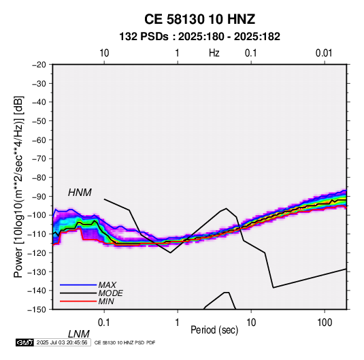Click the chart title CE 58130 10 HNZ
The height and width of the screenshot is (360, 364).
[199, 19]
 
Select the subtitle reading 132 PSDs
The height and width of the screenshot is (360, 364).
[144, 37]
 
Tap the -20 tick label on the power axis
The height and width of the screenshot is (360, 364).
[39, 65]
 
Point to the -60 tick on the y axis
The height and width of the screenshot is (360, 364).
[39, 140]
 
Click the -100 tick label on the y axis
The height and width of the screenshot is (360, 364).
[37, 215]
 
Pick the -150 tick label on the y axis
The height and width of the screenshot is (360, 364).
[37, 310]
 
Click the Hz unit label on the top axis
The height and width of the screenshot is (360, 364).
[214, 53]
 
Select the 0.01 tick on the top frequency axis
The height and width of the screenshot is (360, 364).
[324, 53]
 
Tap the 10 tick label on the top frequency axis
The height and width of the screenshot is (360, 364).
[104, 53]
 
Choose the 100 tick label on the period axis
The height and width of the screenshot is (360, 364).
[325, 323]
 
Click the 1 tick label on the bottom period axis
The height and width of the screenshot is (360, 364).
[178, 323]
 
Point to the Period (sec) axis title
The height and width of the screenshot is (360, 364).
[214, 330]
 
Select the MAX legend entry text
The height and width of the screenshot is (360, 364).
[107, 284]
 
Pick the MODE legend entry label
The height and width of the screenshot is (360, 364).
[110, 293]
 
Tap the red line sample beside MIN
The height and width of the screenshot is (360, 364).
[78, 301]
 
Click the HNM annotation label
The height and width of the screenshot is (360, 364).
[80, 193]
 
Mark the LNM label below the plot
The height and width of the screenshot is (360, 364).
[79, 334]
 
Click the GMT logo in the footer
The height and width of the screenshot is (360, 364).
[25, 342]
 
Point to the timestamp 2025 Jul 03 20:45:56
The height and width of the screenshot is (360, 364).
[62, 342]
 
